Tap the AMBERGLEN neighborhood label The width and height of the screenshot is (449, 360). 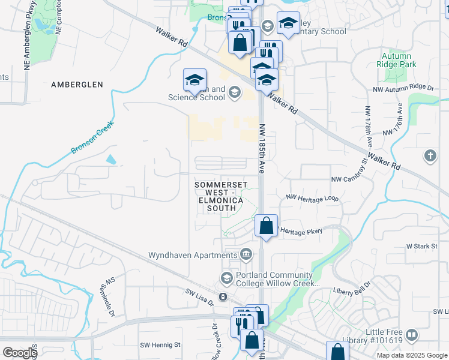click(77, 85)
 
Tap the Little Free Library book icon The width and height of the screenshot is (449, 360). click(411, 335)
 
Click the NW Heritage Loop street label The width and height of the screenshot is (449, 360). click(312, 197)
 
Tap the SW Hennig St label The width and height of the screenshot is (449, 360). click(160, 345)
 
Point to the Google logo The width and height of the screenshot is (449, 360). click(19, 353)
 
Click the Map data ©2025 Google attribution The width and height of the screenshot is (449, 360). click(412, 355)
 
